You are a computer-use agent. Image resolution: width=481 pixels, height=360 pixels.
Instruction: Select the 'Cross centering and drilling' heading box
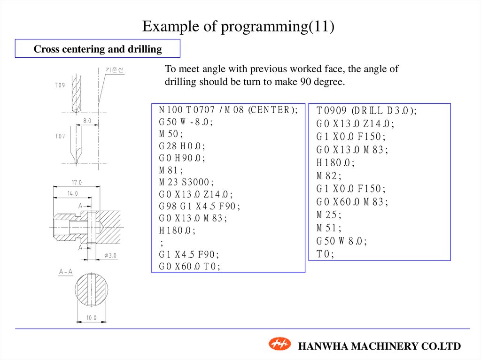click(98, 49)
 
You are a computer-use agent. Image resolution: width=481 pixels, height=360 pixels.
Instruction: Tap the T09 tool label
click(60, 85)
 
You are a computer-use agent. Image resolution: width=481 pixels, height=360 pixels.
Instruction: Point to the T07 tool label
click(60, 136)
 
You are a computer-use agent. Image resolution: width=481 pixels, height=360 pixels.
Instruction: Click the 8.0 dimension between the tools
click(87, 121)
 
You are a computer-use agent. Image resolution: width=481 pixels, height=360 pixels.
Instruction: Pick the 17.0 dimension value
click(77, 182)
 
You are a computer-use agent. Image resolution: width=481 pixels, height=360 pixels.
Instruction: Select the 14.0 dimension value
click(72, 193)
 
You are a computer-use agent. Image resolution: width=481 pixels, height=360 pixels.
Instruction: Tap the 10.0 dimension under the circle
click(91, 318)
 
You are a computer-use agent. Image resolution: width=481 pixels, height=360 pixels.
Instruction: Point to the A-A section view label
click(66, 272)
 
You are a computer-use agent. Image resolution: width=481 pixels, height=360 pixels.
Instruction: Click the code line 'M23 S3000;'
click(186, 182)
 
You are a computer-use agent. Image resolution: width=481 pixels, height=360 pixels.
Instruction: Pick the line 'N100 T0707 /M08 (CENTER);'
click(228, 110)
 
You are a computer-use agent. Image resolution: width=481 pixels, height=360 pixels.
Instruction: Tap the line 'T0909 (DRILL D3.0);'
click(366, 111)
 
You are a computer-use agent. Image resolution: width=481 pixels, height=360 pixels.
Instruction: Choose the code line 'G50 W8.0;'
click(341, 241)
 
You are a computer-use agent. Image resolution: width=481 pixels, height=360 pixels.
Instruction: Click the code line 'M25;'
click(329, 215)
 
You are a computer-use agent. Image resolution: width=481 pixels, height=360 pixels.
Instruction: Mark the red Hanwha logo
click(280, 344)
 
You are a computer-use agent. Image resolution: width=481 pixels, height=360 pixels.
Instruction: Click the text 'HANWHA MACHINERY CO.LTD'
click(380, 346)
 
